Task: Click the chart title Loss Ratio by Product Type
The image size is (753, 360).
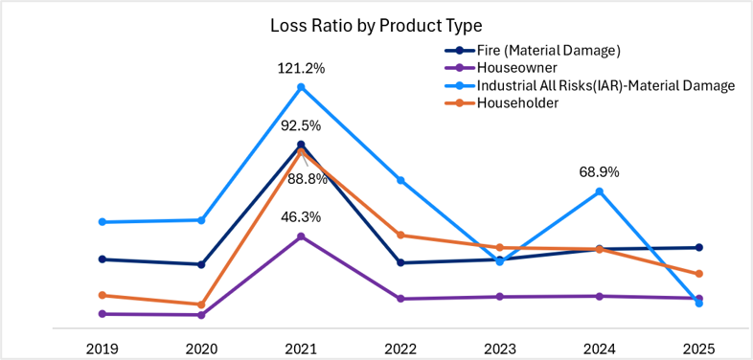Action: (x=376, y=26)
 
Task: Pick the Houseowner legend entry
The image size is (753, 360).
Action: (x=493, y=68)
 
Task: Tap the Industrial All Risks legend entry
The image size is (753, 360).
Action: (x=588, y=85)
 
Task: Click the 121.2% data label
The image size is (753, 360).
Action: (x=302, y=69)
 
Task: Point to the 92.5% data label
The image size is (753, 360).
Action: (x=302, y=126)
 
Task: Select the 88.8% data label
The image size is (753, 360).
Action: (x=308, y=180)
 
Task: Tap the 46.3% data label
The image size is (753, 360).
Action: (x=302, y=217)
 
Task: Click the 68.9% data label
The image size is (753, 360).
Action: (x=600, y=171)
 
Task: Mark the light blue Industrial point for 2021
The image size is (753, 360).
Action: (x=301, y=87)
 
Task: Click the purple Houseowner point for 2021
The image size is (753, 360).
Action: (x=301, y=236)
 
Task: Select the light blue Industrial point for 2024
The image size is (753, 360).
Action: (x=600, y=191)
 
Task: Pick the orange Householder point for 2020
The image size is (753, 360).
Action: (x=202, y=304)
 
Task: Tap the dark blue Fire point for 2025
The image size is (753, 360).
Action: (x=699, y=247)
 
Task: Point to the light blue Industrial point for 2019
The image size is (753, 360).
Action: (x=102, y=222)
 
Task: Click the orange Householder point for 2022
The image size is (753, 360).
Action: (x=400, y=235)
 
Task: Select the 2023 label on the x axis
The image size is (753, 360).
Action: (x=499, y=348)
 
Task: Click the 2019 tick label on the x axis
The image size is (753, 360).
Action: (x=102, y=348)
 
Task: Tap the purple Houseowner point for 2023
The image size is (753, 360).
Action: (x=500, y=297)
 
